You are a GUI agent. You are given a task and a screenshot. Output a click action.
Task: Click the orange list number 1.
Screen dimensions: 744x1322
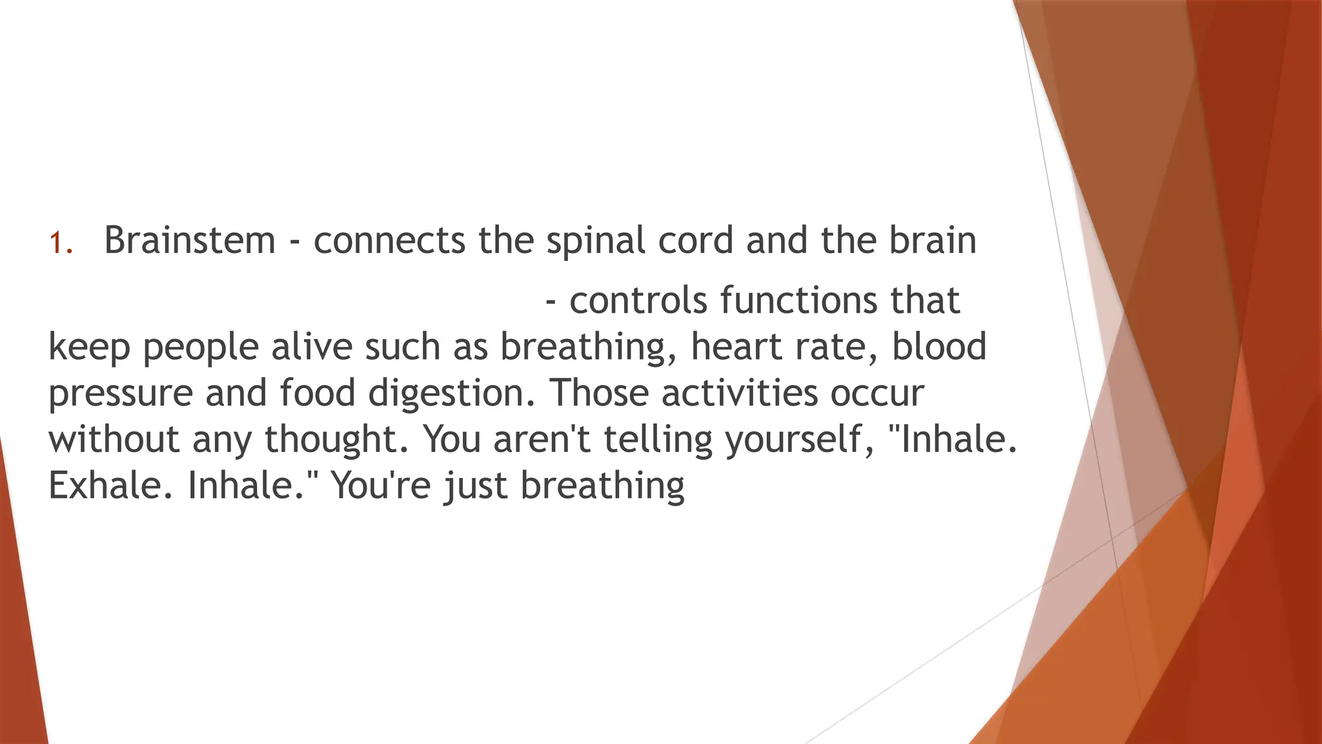coord(60,243)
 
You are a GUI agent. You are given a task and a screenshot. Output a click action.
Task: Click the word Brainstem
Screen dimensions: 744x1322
coord(190,240)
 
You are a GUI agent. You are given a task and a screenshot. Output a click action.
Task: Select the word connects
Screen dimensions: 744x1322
coord(389,240)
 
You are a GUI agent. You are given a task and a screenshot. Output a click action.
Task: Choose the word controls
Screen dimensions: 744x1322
coord(638,300)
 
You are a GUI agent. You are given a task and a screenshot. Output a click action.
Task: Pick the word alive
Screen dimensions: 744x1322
coord(312,346)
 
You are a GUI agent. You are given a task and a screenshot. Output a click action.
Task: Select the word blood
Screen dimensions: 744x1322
coord(939,346)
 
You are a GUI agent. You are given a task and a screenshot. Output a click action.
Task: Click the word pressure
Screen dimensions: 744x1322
coord(121,394)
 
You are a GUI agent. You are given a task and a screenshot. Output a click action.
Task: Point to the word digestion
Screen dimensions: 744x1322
coord(451,394)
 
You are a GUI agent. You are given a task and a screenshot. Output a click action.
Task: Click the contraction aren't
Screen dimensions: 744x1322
coord(542,439)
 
